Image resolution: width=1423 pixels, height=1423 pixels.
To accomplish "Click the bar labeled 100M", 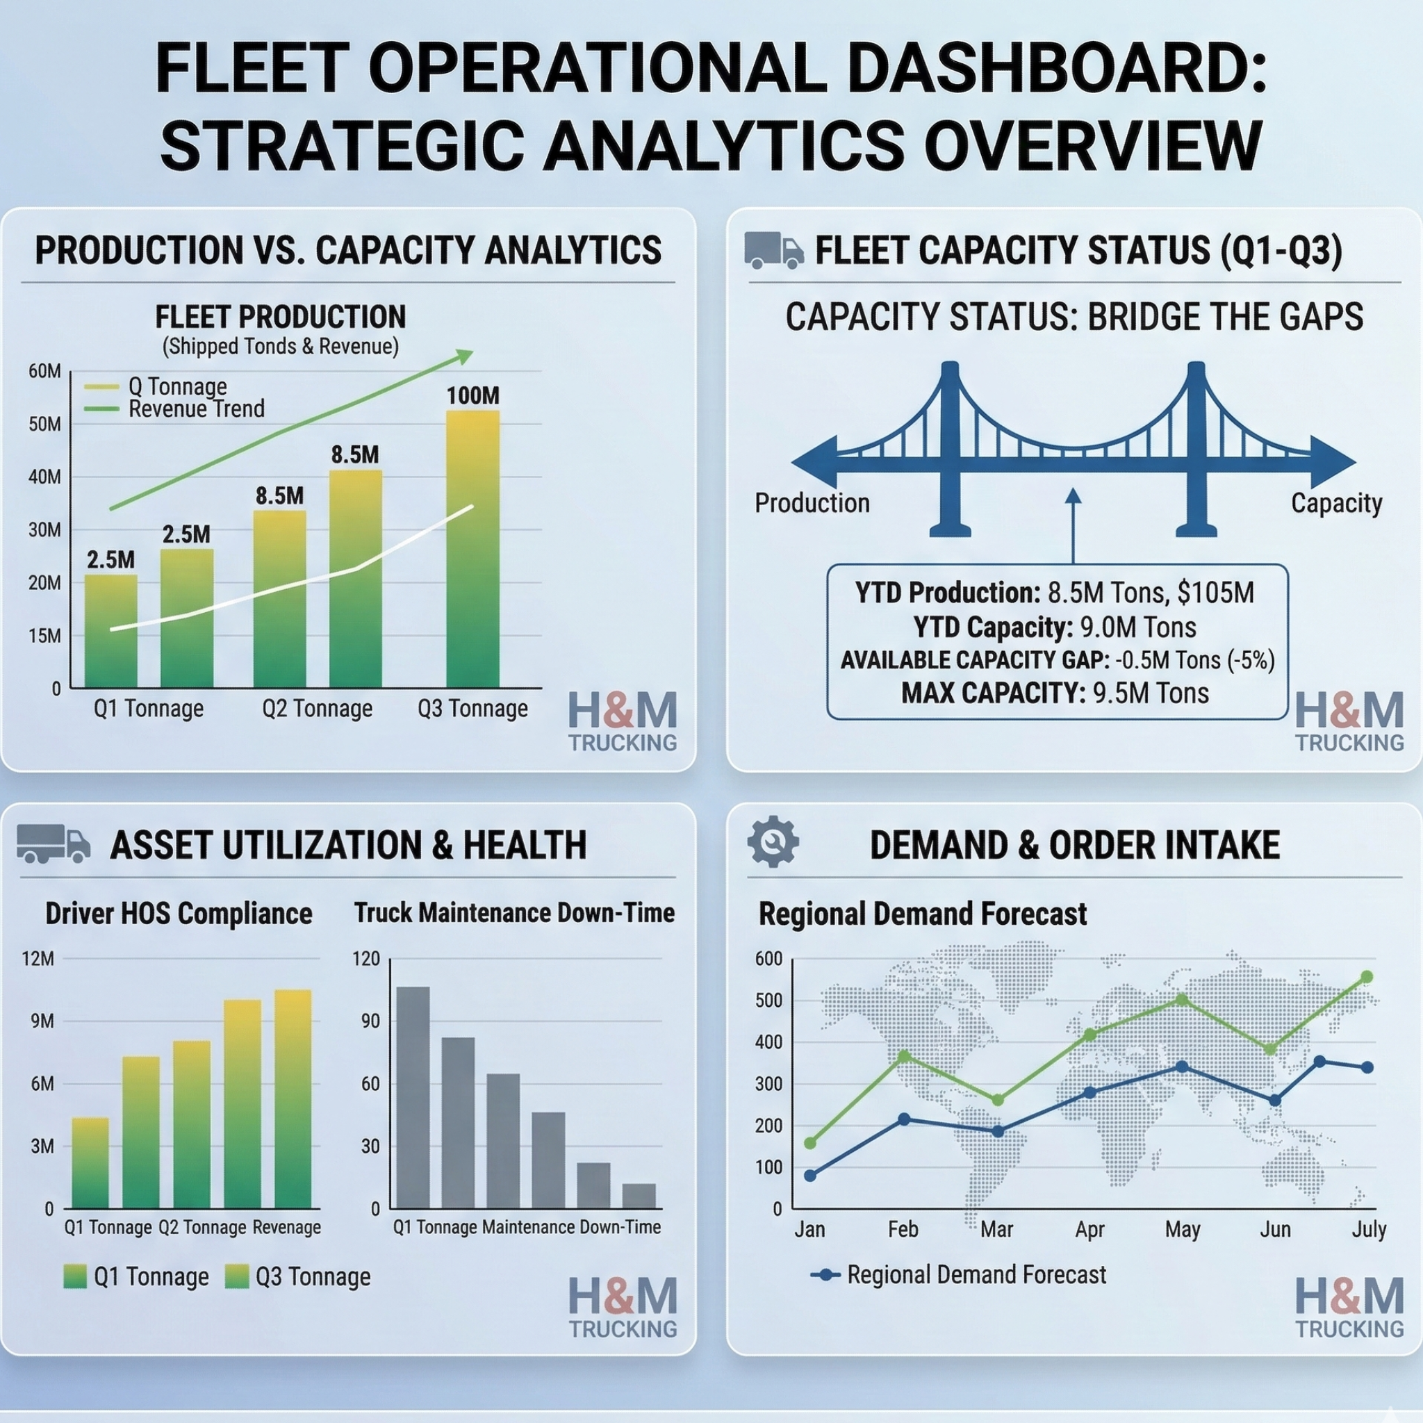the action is pos(473,549).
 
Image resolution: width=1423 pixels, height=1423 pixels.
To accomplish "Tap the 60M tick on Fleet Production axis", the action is pos(45,371).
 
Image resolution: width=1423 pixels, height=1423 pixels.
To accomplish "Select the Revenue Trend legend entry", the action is pos(174,409).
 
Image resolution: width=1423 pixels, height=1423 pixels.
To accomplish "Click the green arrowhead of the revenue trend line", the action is pos(464,356).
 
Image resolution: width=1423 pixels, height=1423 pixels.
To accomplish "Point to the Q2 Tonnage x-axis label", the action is pos(318,709).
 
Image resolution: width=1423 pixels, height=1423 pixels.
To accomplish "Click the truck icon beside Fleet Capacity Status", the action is pos(773,249).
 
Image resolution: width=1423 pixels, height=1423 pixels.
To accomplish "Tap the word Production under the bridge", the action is pos(812,503).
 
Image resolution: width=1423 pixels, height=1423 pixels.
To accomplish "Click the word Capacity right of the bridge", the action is pos(1336,504).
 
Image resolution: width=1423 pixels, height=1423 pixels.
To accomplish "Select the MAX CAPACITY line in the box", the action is pos(1055,693).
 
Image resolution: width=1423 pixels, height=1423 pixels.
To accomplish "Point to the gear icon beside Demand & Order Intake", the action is pos(773,841).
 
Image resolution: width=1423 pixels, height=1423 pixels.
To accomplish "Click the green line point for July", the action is pos(1367,977).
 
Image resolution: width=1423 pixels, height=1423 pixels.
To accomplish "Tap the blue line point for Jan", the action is pos(810,1176).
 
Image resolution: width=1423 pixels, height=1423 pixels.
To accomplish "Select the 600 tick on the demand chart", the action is pos(768,958).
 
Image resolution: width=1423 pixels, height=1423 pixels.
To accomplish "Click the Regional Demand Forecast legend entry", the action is pos(958,1274).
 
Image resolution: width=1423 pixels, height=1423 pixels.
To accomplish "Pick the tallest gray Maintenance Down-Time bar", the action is pos(413,1097).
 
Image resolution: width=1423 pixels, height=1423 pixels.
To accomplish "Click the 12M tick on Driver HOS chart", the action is pos(38,958).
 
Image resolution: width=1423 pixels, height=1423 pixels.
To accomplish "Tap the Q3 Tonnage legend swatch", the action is pos(237,1276).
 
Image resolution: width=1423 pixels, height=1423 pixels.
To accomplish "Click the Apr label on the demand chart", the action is pos(1089,1229).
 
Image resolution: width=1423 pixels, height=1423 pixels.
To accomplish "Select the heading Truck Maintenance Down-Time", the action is pos(514,913).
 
